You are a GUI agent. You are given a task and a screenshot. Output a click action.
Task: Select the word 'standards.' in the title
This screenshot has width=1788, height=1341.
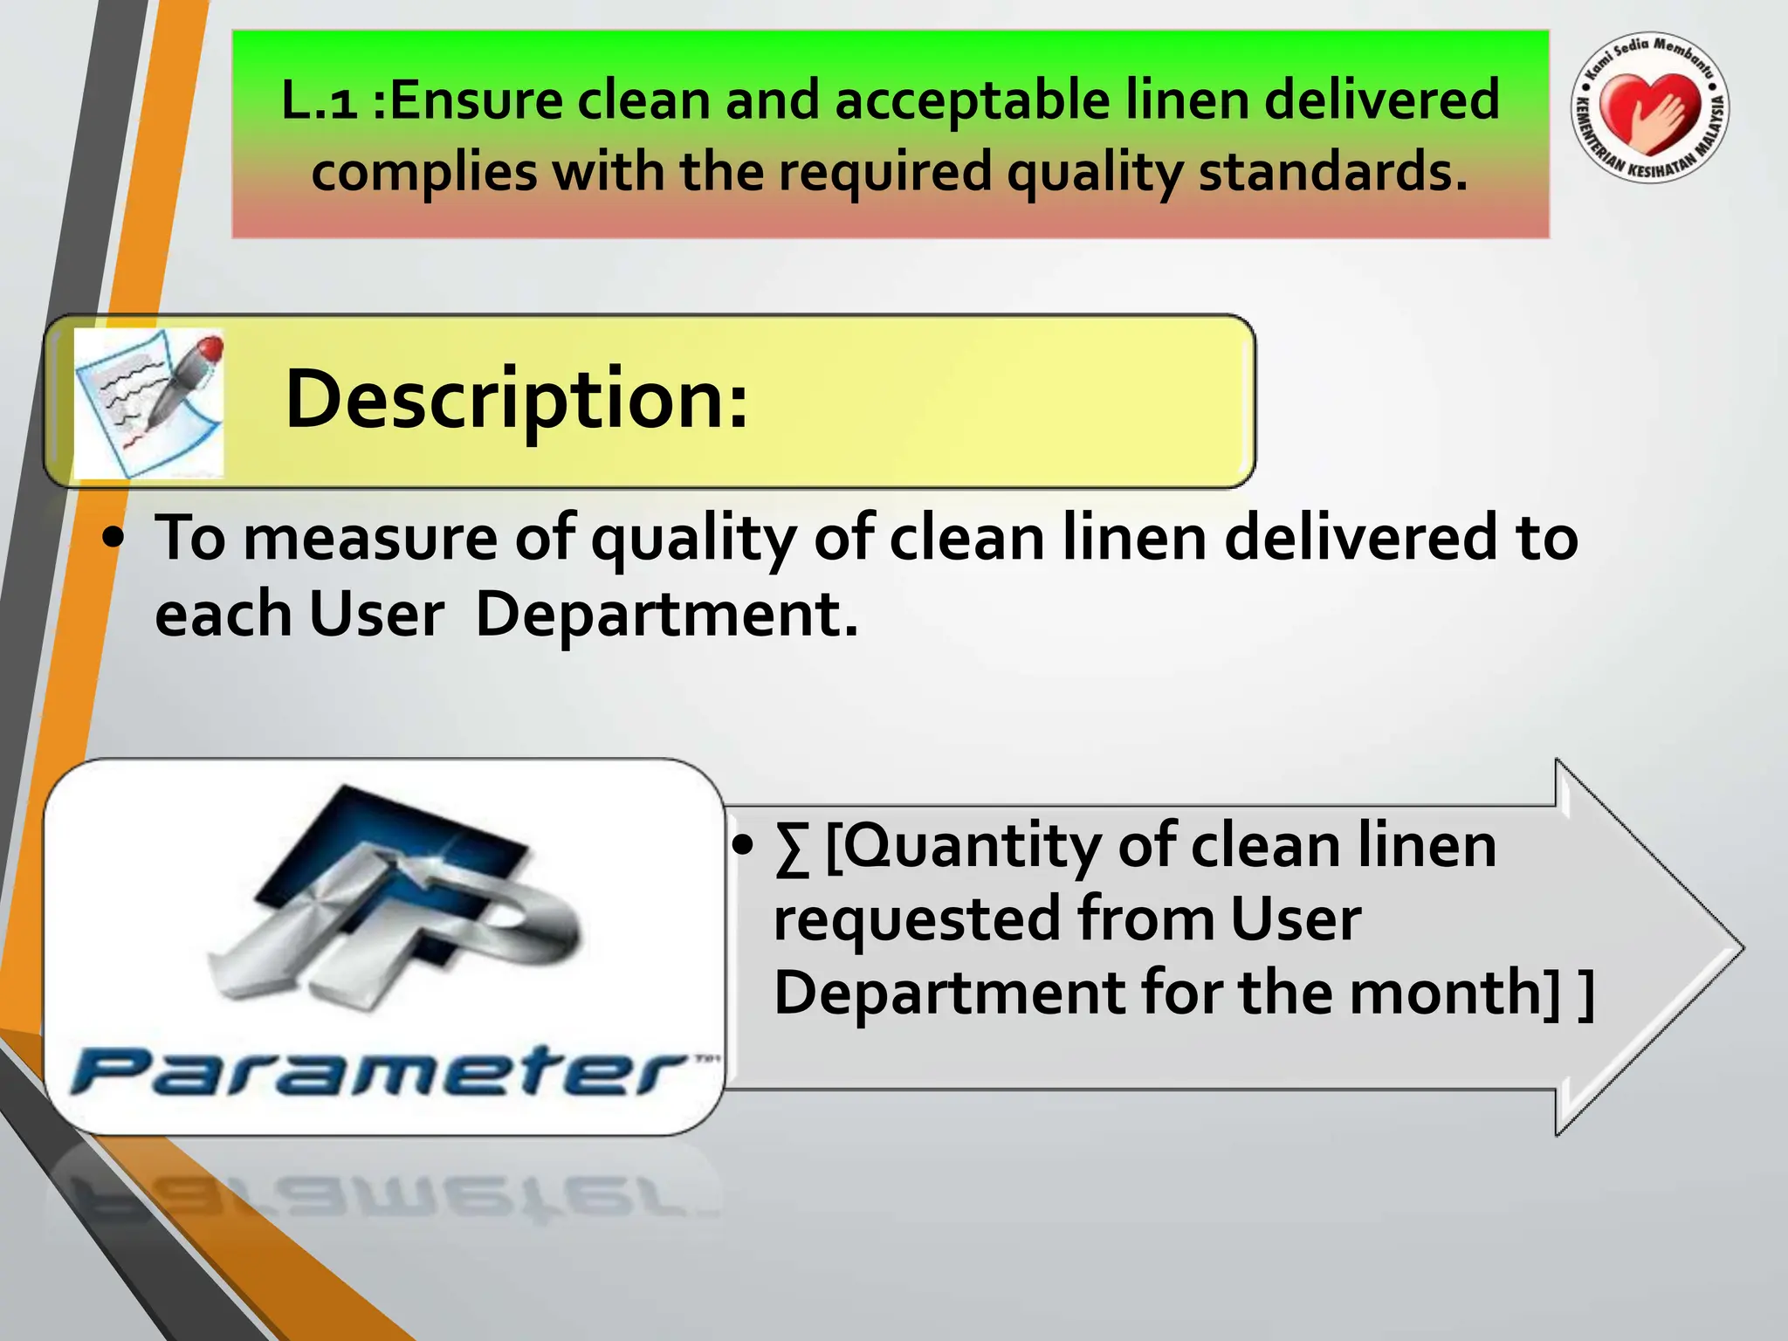(1332, 172)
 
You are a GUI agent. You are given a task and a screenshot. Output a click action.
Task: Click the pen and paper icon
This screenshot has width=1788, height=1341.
(148, 402)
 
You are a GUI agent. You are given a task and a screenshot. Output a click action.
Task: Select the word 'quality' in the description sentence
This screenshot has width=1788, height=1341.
(693, 539)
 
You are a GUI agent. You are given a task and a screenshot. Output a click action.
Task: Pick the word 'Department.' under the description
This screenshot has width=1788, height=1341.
(666, 615)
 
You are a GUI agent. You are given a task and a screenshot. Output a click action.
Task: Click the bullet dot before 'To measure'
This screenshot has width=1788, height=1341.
(113, 539)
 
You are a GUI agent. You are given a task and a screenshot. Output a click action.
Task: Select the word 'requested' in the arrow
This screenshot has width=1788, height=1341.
(917, 921)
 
